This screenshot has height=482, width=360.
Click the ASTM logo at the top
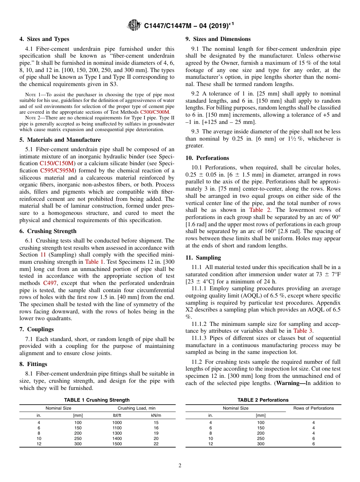point(134,26)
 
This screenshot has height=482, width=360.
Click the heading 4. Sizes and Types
point(44,39)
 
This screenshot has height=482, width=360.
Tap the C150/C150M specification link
point(57,163)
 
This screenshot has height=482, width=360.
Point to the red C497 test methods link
point(50,283)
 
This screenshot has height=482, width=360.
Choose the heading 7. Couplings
point(36,329)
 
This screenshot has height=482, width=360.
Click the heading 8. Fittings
point(33,364)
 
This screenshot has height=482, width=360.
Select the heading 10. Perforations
point(207,158)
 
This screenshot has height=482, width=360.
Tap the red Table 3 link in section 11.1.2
point(303,331)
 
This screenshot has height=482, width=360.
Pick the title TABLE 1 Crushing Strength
point(97,400)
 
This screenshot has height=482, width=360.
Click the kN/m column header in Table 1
point(156,415)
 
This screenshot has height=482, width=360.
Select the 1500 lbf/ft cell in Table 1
point(117,444)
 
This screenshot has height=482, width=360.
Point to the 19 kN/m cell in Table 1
point(156,433)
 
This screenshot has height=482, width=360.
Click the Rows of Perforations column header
point(313,408)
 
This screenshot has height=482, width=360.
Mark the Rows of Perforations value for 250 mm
point(313,438)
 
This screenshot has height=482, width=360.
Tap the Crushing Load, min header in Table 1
point(136,408)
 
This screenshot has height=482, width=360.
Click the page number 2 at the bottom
point(180,466)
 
